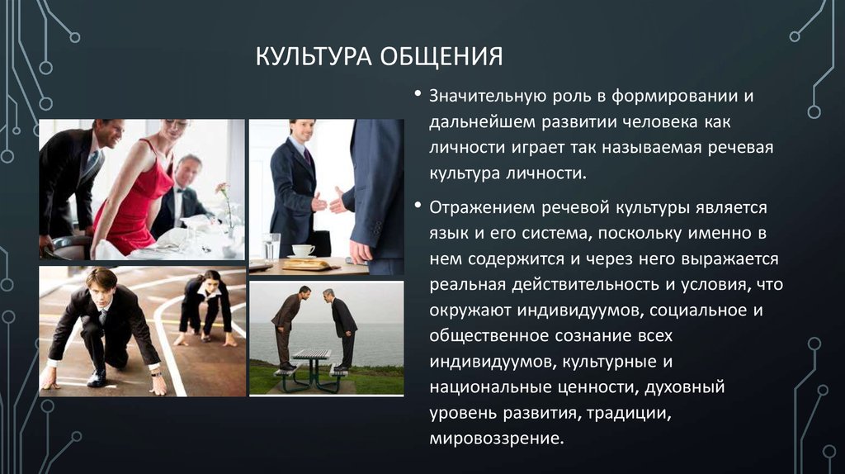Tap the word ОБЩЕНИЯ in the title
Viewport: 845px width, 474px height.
442,57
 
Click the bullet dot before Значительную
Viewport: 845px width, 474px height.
418,94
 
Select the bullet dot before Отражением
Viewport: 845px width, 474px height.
418,206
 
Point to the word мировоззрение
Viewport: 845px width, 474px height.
496,438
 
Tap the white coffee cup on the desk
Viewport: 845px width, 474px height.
304,250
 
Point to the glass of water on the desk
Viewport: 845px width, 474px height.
271,247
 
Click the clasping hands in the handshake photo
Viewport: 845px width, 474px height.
328,202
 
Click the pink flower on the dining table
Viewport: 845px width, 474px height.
222,189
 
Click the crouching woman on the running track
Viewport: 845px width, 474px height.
207,307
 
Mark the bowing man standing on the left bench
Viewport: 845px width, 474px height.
290,327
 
